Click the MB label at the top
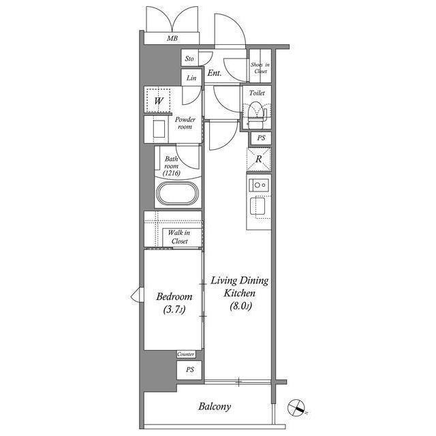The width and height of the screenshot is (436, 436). tap(172, 38)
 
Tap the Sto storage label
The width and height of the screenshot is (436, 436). tap(189, 59)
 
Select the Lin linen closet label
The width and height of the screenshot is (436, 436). tap(191, 78)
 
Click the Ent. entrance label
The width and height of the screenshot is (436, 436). tap(215, 73)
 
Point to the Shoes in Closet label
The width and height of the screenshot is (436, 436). tap(260, 68)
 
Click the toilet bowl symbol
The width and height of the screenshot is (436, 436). tap(256, 112)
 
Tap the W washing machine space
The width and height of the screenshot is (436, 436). tap(158, 100)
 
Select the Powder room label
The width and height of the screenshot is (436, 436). tap(185, 123)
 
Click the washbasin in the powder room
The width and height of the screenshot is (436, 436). tap(159, 129)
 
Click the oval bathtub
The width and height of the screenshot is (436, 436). tap(178, 193)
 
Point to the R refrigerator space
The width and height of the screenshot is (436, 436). tap(259, 159)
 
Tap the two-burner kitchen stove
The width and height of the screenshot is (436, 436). tap(259, 185)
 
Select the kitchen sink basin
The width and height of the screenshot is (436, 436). tap(258, 206)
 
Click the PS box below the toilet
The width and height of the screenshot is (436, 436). tap(261, 138)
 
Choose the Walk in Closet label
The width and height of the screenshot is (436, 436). tap(180, 237)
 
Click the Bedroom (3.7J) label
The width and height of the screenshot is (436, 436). tap(174, 302)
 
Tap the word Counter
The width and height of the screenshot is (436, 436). tap(186, 354)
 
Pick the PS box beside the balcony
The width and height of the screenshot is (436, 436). tap(189, 370)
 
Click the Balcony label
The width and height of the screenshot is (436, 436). tap(215, 407)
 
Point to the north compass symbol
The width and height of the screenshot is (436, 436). tap(297, 408)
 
